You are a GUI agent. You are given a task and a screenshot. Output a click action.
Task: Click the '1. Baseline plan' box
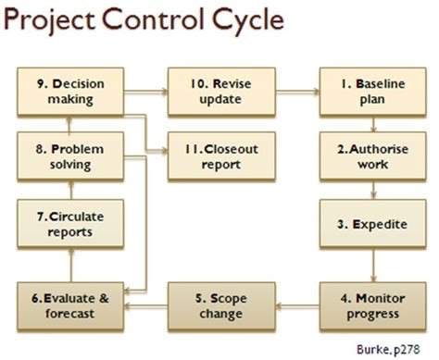pos(373,91)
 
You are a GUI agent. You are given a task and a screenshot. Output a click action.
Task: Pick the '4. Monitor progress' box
pos(373,304)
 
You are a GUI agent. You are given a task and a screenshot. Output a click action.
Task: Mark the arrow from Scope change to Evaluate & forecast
pos(146,305)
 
